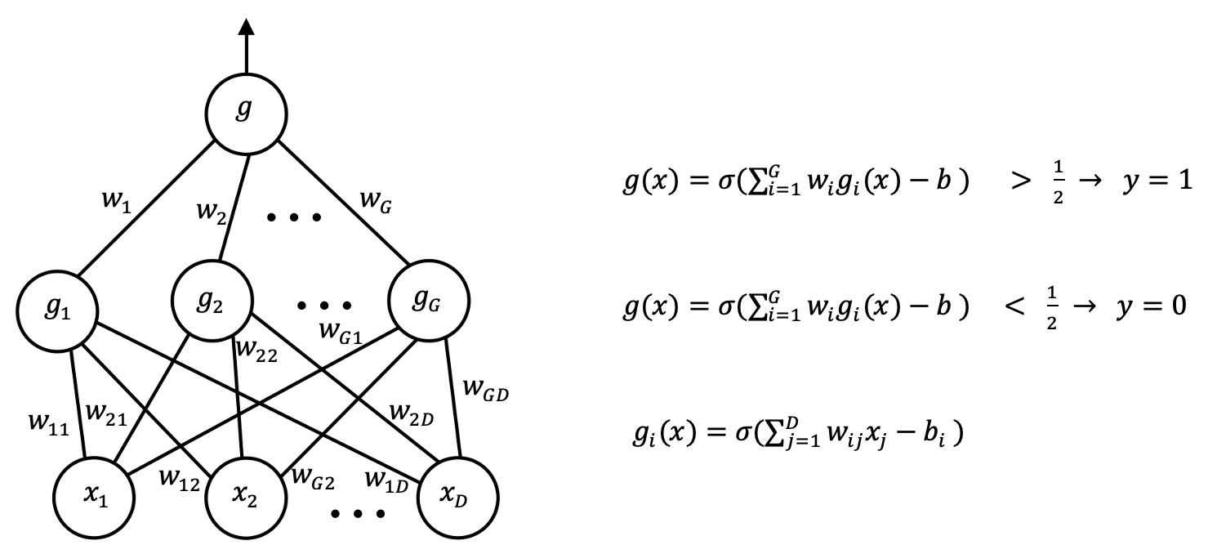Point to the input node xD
pyautogui.click(x=457, y=496)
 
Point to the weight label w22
pyautogui.click(x=256, y=355)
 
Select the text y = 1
pyautogui.click(x=1157, y=181)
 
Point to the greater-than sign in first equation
pyautogui.click(x=1022, y=181)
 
